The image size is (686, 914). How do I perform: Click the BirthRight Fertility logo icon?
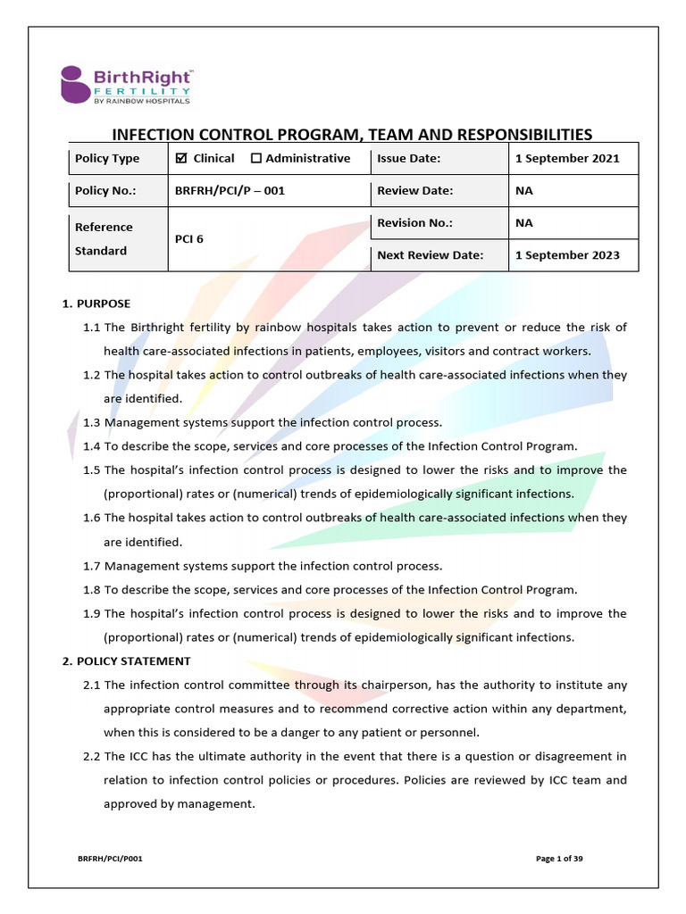click(x=74, y=84)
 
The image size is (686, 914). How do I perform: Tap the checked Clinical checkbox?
click(x=181, y=158)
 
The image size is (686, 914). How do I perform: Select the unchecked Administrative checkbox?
click(x=256, y=158)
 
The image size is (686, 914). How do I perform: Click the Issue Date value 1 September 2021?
click(x=567, y=158)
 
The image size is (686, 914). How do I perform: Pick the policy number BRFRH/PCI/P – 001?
click(x=230, y=190)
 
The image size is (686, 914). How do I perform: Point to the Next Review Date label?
click(x=430, y=254)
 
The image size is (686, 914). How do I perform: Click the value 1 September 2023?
click(x=567, y=254)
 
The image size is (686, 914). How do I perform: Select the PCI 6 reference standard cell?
click(x=189, y=238)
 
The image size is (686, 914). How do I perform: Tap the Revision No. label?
click(x=414, y=222)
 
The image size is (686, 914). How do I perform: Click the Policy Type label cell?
click(x=107, y=158)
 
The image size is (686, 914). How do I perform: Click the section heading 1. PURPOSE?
click(x=96, y=303)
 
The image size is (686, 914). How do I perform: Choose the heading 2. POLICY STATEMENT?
click(x=126, y=661)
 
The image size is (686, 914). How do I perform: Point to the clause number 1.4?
click(x=91, y=446)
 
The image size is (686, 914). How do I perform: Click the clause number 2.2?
click(x=91, y=757)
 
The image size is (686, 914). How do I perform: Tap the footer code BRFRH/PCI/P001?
click(x=109, y=858)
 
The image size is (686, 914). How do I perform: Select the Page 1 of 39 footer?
click(x=559, y=858)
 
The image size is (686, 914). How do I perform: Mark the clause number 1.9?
click(x=91, y=614)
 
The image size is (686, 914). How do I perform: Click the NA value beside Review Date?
click(x=523, y=190)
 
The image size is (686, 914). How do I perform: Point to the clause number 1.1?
click(x=91, y=328)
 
